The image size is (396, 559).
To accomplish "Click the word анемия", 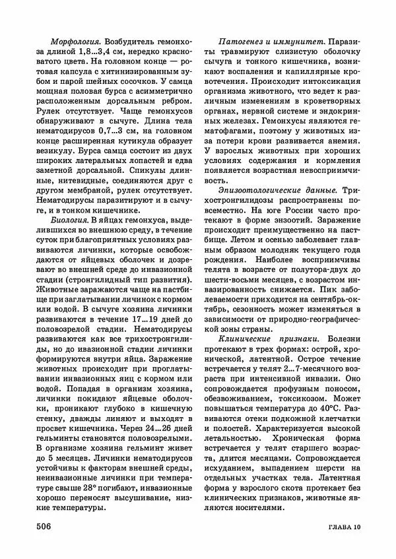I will coord(342,156).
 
